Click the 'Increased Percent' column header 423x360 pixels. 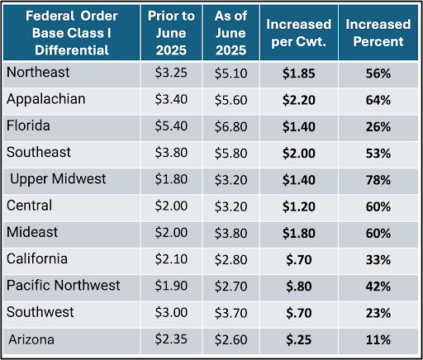coord(378,33)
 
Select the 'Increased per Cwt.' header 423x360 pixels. coord(298,33)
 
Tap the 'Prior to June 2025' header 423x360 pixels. coord(171,33)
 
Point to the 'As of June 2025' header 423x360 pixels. coord(231,33)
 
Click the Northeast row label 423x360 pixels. coord(38,73)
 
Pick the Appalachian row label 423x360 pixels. coord(46,99)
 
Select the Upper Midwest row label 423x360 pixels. coord(58,179)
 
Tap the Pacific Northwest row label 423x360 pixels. coord(63,285)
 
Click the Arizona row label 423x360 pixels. coord(31,339)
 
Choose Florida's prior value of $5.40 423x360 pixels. coord(171,126)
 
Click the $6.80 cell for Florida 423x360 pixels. coord(231,127)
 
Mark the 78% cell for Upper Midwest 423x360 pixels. coord(378,180)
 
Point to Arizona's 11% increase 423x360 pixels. coord(378,340)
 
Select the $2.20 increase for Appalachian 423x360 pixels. coord(299,100)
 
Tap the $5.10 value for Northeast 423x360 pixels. coord(231,73)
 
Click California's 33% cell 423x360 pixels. coord(378,260)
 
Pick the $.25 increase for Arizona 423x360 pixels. coord(299,340)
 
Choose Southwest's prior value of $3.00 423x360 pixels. coord(171,313)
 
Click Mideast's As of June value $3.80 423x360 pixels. coord(231,234)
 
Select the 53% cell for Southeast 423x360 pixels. coord(378,154)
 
